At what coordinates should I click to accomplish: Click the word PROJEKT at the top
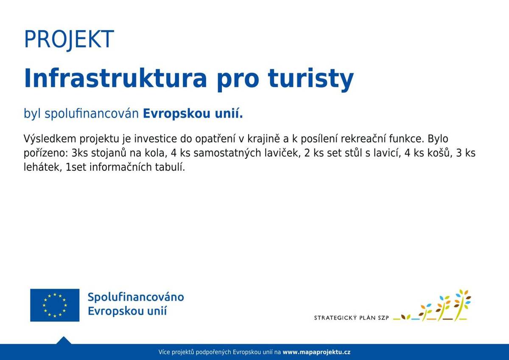pos(69,39)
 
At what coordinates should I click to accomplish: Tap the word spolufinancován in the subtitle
pos(92,114)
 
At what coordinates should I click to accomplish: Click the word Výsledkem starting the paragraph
pos(50,139)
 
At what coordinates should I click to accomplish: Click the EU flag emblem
pos(55,305)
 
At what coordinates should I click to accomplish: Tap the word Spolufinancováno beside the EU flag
pos(136,297)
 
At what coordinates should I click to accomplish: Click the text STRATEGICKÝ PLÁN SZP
pos(351,318)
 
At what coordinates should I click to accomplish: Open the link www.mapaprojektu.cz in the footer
pos(316,352)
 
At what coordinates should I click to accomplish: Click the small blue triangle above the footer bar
pos(64,340)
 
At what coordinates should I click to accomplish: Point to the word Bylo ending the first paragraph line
pos(438,139)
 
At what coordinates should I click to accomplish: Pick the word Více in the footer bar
pos(164,352)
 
